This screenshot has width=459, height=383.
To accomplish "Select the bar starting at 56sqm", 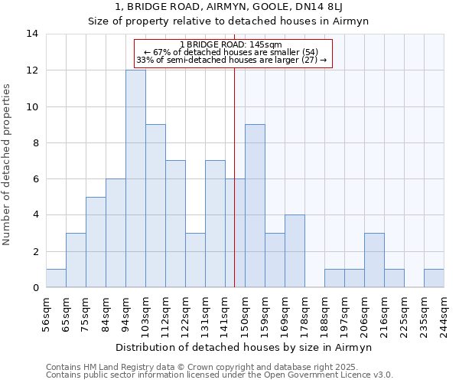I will click(56, 278).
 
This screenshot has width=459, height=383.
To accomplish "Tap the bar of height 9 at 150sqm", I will click(255, 206).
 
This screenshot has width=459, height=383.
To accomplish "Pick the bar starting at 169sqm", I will click(295, 251).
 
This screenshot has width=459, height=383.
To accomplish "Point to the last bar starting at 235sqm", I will click(434, 278).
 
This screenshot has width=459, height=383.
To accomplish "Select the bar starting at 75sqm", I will click(96, 242).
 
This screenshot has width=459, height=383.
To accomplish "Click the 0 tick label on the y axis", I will click(35, 288).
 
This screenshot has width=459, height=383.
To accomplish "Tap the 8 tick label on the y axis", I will click(35, 143).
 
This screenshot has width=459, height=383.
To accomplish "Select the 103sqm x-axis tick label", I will click(145, 313).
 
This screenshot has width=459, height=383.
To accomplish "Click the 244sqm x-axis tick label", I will click(444, 313).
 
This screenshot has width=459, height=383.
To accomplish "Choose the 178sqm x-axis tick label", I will click(304, 313).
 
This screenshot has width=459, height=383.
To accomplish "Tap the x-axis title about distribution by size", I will click(245, 347).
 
